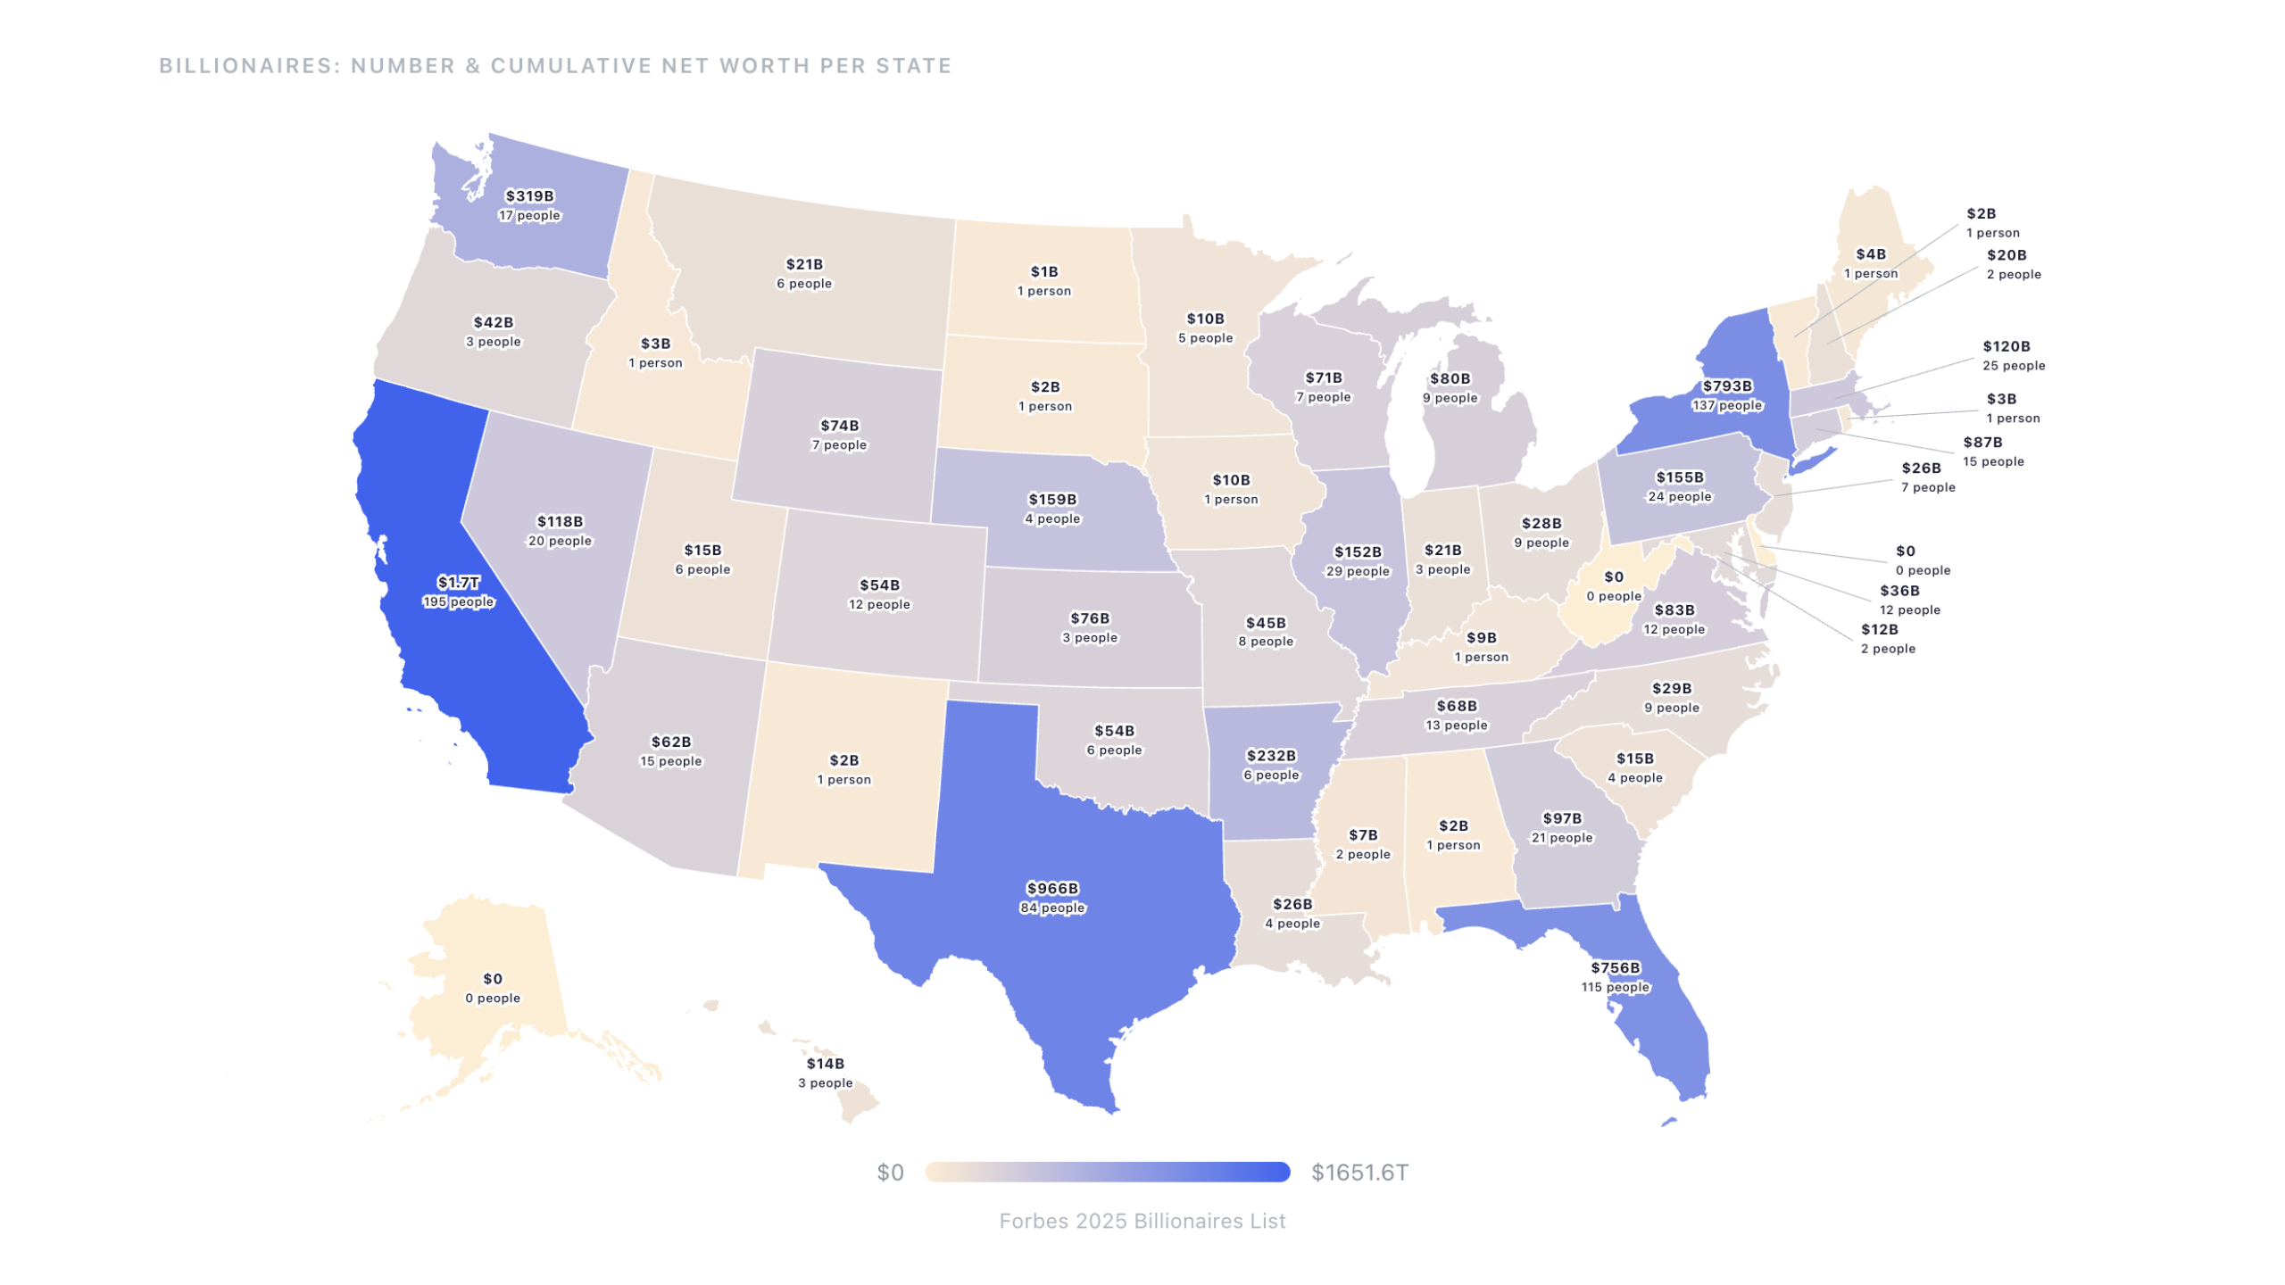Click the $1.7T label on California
tap(458, 583)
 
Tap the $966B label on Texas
tap(1052, 889)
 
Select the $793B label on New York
tap(1727, 386)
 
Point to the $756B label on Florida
tap(1616, 968)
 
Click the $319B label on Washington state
tap(529, 196)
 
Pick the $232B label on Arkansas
tap(1271, 756)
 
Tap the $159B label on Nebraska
tap(1052, 500)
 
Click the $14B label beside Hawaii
tap(825, 1064)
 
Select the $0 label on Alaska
tap(493, 979)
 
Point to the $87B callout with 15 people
tap(1982, 443)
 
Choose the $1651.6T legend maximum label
tap(1359, 1173)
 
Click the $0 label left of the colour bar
tap(890, 1173)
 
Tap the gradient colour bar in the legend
tap(1107, 1172)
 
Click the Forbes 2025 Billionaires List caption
tap(1142, 1221)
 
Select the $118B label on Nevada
tap(560, 522)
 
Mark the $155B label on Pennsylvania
tap(1680, 477)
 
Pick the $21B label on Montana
tap(804, 264)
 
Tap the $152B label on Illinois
tap(1358, 552)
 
